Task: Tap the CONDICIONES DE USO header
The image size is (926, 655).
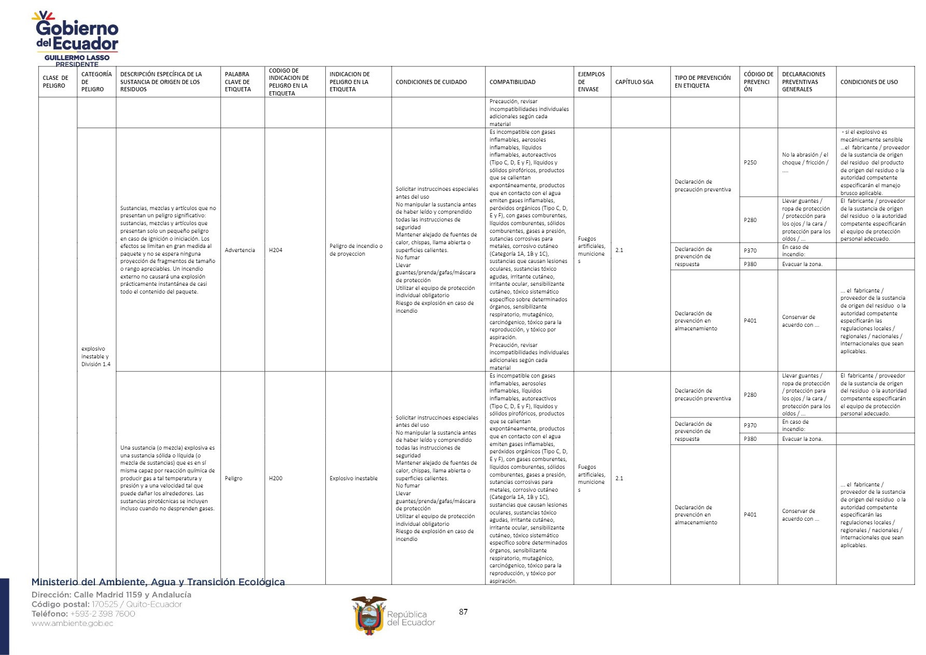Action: [869, 82]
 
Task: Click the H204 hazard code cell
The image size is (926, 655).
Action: [275, 250]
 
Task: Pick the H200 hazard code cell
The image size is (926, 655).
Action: [275, 478]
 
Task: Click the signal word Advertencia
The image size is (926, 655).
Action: [240, 250]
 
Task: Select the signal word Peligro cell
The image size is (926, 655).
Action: [233, 478]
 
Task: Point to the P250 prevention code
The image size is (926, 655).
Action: [750, 162]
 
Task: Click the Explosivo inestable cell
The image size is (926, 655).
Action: [353, 478]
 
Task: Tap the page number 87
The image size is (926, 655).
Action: [463, 612]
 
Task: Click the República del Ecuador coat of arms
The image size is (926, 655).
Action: [369, 616]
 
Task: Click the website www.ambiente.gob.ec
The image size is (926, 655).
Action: [72, 623]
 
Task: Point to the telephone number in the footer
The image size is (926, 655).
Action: [83, 614]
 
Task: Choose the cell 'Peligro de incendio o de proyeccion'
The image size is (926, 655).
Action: [356, 250]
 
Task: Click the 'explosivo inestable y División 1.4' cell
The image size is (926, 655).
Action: [96, 356]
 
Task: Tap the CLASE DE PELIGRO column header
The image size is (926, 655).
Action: [56, 82]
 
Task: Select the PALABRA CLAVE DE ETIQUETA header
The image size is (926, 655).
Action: [238, 82]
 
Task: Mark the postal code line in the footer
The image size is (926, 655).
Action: [106, 604]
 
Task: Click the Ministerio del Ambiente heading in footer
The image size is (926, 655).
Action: [158, 582]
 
